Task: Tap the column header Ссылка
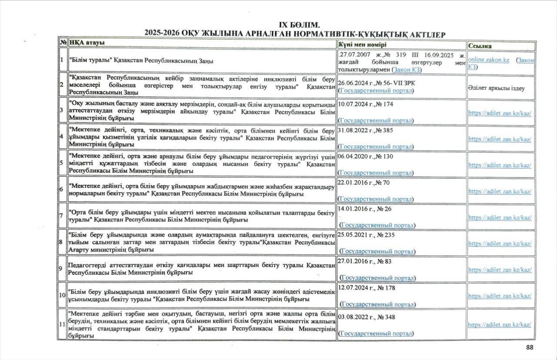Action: (480, 46)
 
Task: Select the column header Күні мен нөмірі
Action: (362, 45)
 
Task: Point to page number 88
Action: (530, 347)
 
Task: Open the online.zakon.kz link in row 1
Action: (489, 60)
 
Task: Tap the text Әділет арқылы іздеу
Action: (496, 88)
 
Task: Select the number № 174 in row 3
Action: (385, 104)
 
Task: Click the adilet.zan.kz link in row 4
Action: (500, 139)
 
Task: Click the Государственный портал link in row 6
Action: (376, 199)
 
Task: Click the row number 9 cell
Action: (62, 268)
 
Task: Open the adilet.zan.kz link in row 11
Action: (500, 324)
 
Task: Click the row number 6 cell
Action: (62, 190)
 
